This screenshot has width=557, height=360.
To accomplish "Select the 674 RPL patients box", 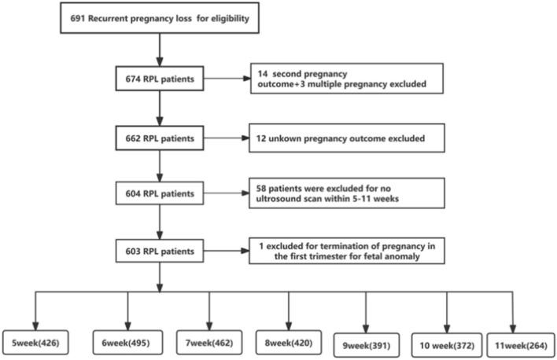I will click(x=160, y=81).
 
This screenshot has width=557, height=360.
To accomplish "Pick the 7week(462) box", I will click(x=208, y=343).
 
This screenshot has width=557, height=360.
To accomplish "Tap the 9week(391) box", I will click(x=367, y=343).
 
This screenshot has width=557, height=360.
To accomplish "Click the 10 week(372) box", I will click(x=446, y=343).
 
